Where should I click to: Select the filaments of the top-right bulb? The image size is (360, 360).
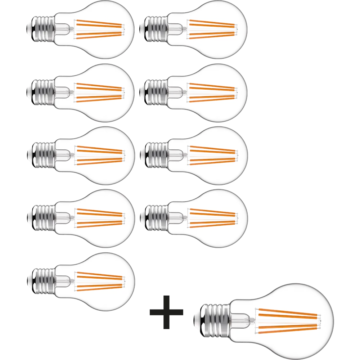tap(212, 28)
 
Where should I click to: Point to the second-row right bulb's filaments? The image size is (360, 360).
tap(212, 91)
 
